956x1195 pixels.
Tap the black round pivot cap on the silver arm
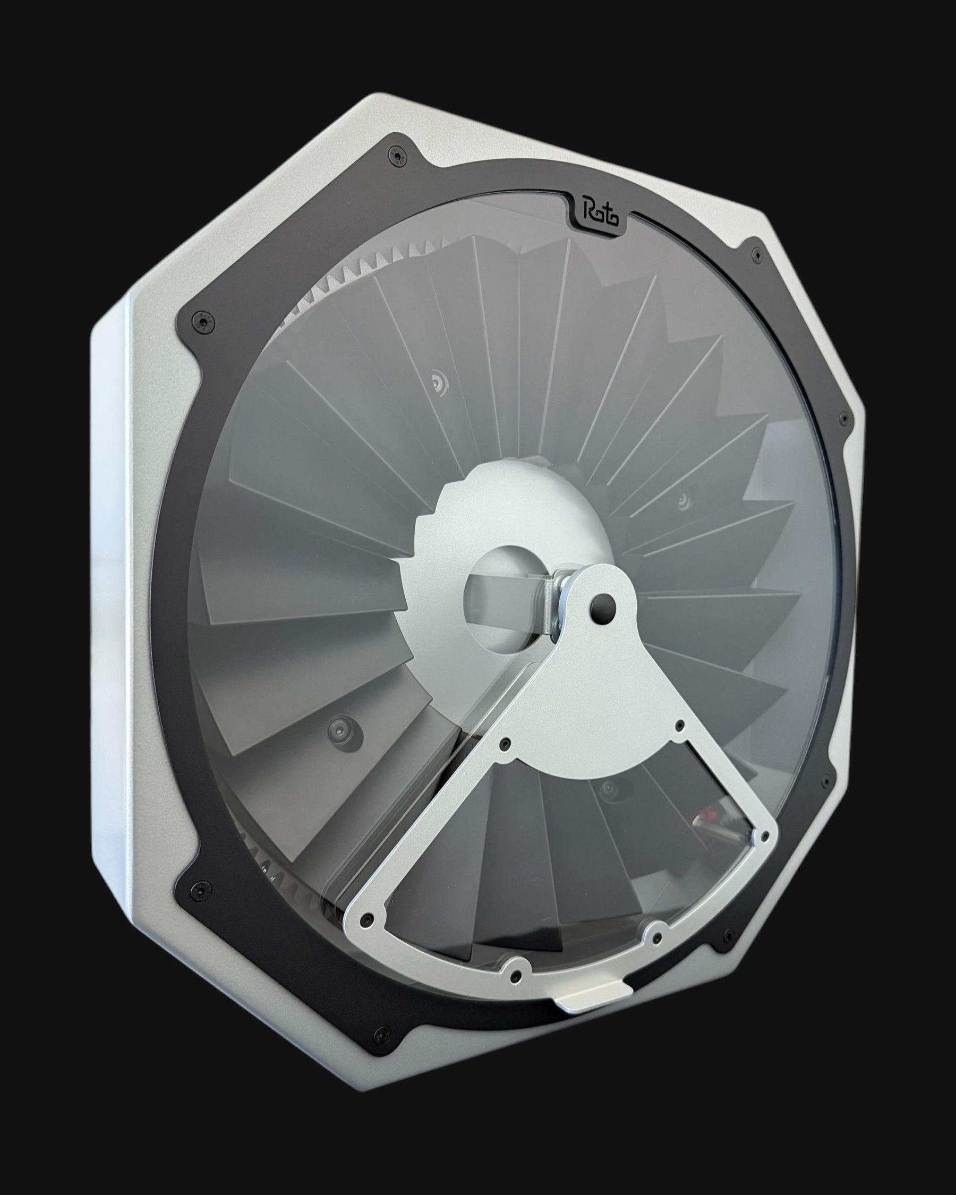[602, 602]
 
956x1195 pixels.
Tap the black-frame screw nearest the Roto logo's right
[755, 254]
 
